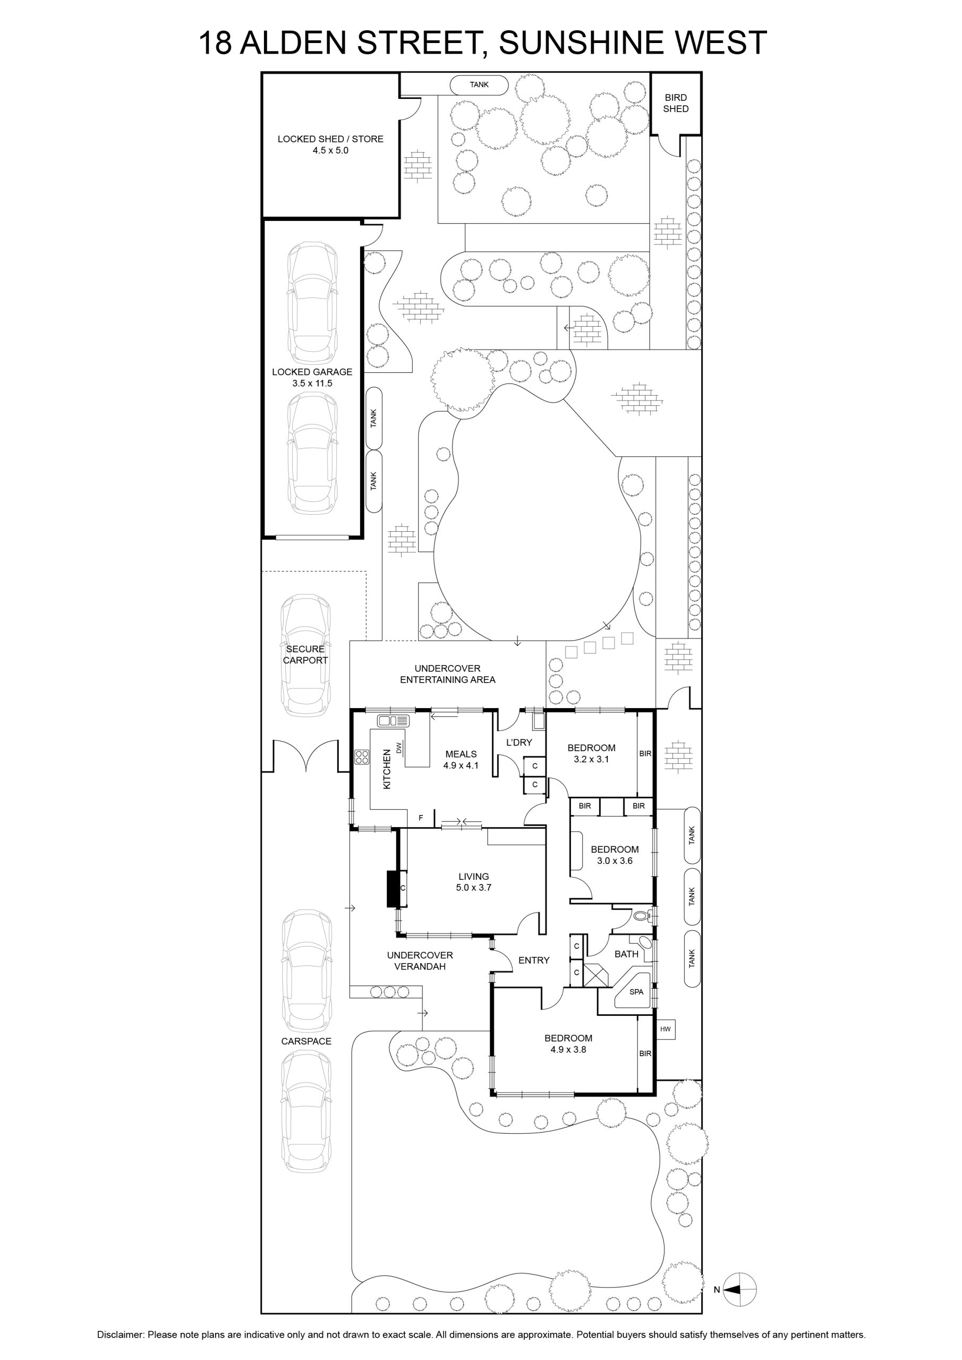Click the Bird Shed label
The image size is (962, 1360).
(x=675, y=103)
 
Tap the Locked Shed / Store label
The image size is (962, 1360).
(x=330, y=144)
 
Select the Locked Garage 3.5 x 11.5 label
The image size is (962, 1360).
(x=312, y=377)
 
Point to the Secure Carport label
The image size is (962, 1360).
(x=305, y=654)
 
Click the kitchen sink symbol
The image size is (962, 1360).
(x=393, y=721)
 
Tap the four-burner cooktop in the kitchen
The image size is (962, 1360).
(x=362, y=756)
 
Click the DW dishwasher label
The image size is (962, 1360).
(x=399, y=748)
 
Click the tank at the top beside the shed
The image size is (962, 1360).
(x=479, y=84)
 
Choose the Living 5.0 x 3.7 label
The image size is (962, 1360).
(x=474, y=882)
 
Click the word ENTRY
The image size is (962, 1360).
(x=534, y=960)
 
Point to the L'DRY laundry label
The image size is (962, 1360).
(x=519, y=742)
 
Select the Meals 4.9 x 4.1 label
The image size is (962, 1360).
(x=461, y=759)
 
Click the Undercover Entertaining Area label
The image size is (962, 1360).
(x=447, y=674)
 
